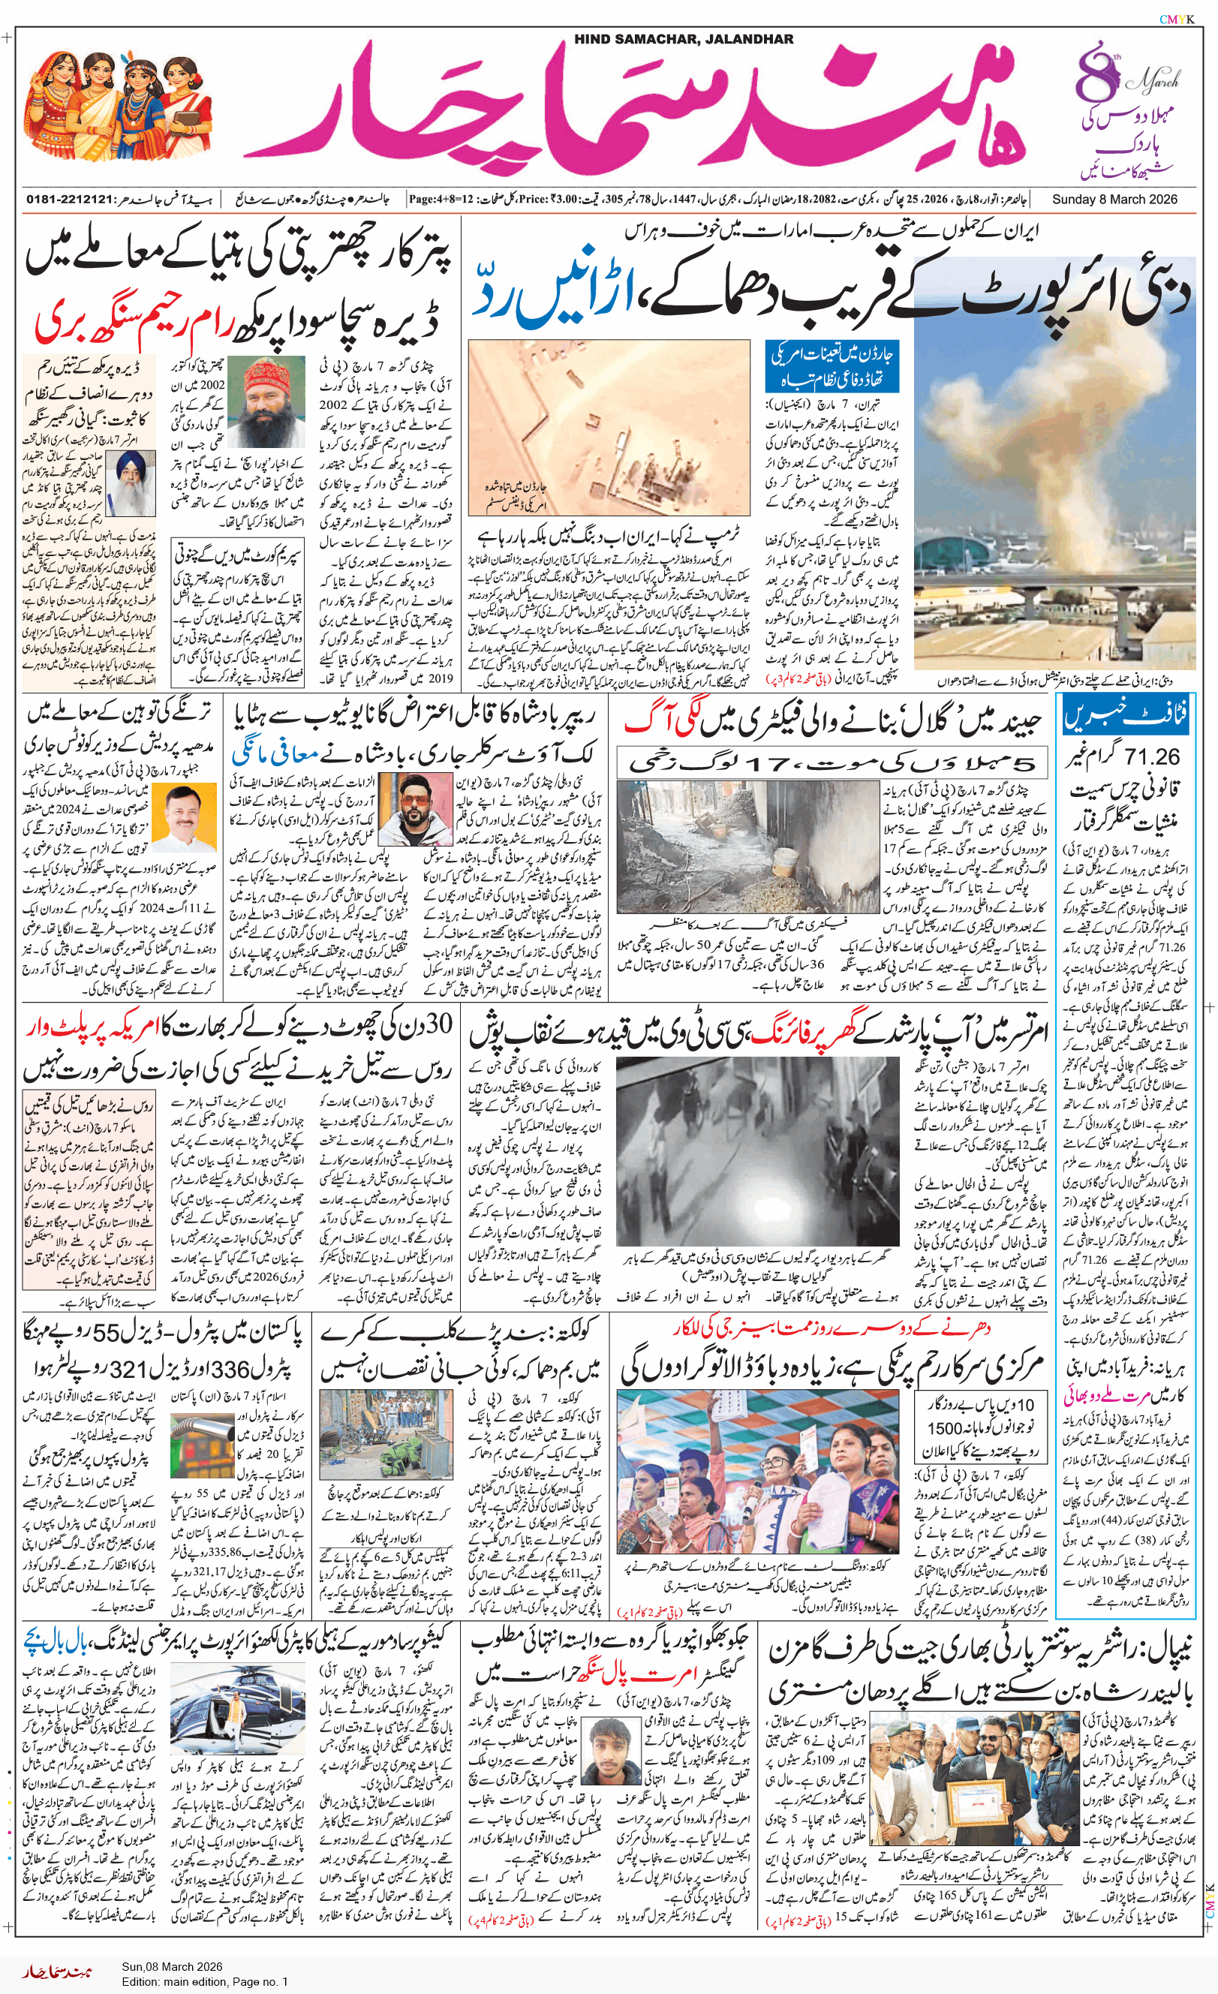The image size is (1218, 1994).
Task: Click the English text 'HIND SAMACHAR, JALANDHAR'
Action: (684, 39)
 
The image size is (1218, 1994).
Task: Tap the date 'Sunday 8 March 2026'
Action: (1114, 199)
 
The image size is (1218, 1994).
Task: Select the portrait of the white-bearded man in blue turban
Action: (131, 483)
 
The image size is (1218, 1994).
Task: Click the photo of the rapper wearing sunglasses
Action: (404, 810)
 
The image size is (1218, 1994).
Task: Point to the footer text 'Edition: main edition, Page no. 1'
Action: (205, 1982)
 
